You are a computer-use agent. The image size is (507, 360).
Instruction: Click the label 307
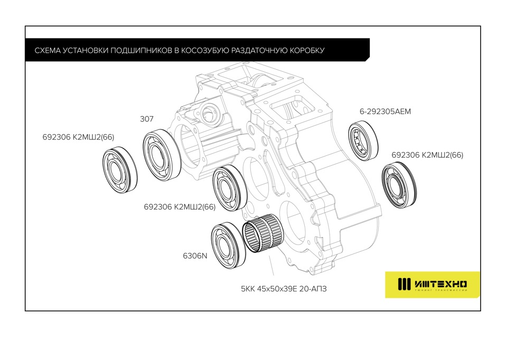[146, 119]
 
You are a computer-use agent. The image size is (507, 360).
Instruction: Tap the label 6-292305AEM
[385, 111]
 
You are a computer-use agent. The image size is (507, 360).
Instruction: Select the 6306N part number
[195, 255]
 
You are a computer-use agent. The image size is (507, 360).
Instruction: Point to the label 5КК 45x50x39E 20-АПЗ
[284, 289]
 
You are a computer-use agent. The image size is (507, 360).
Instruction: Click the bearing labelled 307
[162, 155]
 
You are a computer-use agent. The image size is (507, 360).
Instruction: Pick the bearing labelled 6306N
[228, 245]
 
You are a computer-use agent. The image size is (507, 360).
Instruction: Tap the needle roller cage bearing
[263, 233]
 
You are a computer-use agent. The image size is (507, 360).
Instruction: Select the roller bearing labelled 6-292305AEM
[363, 140]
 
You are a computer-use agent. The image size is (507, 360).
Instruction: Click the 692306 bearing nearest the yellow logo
[399, 185]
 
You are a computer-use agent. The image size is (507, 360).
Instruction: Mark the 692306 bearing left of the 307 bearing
[120, 170]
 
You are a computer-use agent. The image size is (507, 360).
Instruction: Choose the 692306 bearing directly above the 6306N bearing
[230, 188]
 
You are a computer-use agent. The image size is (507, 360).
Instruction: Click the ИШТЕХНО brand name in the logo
[440, 285]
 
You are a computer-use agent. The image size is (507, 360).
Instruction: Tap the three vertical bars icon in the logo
[404, 284]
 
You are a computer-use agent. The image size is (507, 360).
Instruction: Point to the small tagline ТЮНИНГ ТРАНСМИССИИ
[440, 290]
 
